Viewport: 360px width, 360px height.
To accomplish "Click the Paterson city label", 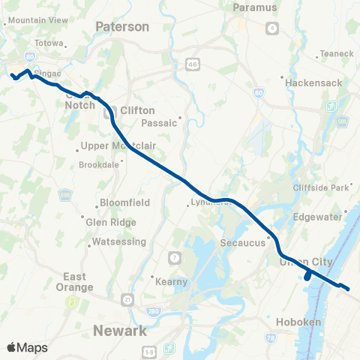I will pyautogui.click(x=122, y=27).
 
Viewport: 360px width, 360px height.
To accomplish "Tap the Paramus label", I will pyautogui.click(x=255, y=7).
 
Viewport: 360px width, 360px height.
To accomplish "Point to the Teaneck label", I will pyautogui.click(x=331, y=53).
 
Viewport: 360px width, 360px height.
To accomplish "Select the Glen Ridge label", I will pyautogui.click(x=111, y=222).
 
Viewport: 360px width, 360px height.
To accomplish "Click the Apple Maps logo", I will pyautogui.click(x=27, y=347).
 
